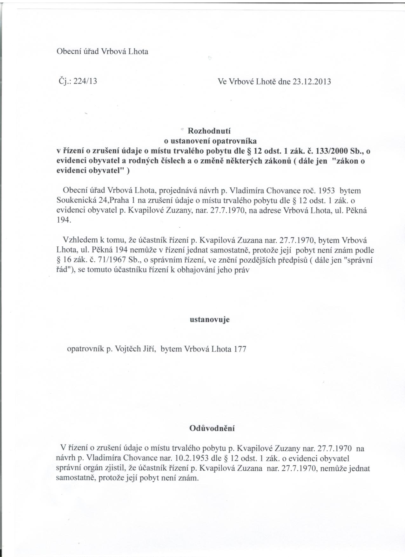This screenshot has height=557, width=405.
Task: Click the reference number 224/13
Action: (x=85, y=82)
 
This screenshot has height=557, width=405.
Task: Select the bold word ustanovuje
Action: (x=210, y=319)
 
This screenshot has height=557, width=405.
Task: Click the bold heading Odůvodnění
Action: (x=212, y=428)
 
